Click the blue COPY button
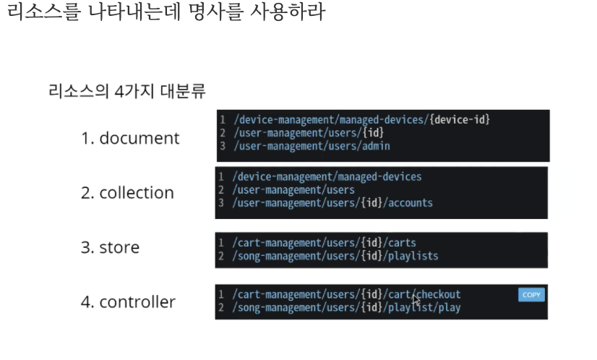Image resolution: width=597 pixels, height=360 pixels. coord(531,295)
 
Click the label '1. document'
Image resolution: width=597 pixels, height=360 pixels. coord(129,138)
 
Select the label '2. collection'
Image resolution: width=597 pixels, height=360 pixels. coord(127,193)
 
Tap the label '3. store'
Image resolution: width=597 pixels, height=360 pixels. coord(110,247)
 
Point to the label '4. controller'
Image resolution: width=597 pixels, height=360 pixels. coord(128,301)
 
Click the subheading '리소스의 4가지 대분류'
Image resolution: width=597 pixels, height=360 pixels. coord(126,92)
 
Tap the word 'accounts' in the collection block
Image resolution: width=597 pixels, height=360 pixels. coord(411,202)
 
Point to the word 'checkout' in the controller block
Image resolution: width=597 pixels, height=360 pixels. coord(439,294)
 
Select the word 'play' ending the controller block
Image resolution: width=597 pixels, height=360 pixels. coord(450,308)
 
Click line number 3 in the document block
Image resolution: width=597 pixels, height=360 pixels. coord(223,146)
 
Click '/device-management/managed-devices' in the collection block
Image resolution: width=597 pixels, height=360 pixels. coord(327,176)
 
